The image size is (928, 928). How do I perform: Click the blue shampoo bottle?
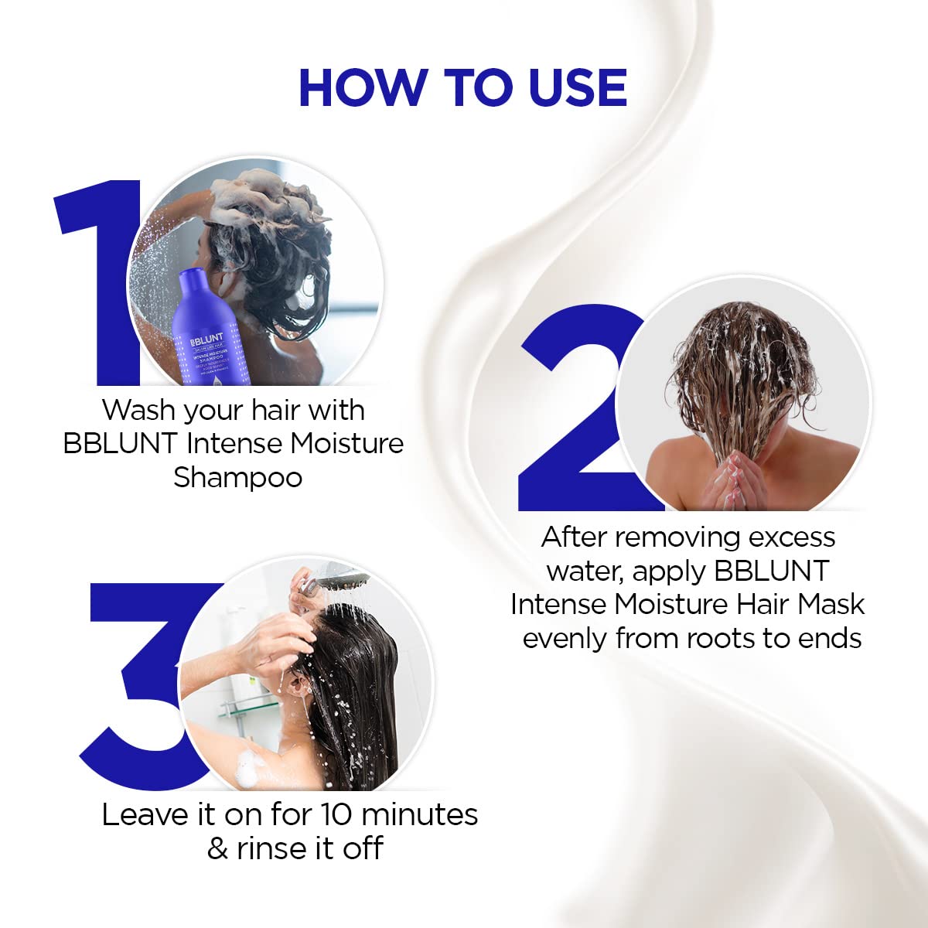click(205, 333)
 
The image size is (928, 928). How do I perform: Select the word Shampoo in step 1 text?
click(237, 477)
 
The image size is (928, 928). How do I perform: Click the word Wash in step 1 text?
click(139, 410)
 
